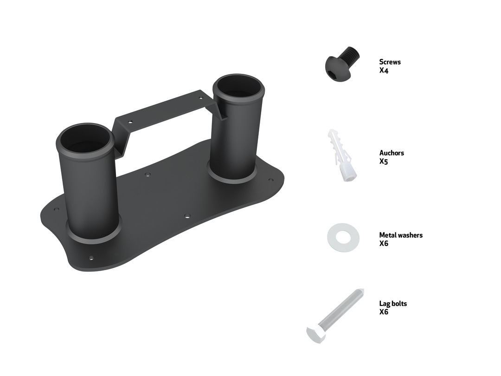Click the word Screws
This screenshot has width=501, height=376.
[390, 62]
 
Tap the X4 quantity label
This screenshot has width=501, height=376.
[384, 71]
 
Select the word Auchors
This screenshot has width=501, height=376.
[392, 153]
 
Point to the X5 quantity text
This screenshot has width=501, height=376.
[384, 162]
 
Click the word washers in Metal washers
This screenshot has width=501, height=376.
[410, 235]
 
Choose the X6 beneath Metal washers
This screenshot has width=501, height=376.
[384, 244]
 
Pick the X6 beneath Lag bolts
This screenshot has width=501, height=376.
[384, 312]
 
